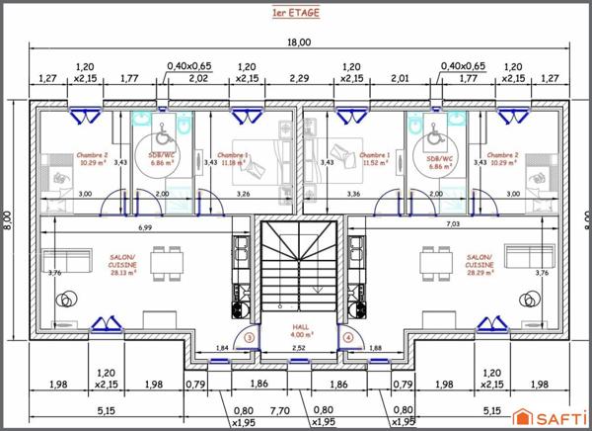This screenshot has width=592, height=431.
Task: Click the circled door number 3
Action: pos(250,338)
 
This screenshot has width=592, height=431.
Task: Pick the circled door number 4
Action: pos(348,338)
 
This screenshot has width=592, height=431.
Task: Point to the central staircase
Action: pos(299,267)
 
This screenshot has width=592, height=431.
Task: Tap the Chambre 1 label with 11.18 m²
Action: pos(233,159)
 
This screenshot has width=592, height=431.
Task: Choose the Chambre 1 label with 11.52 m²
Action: pos(374,159)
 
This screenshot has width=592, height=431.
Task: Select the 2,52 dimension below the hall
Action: pos(299,348)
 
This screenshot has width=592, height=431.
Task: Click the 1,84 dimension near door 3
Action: pos(222,348)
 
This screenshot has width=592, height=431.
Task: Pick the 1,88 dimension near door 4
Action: pos(376,348)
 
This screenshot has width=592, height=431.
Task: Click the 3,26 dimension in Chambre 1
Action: pos(243,195)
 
